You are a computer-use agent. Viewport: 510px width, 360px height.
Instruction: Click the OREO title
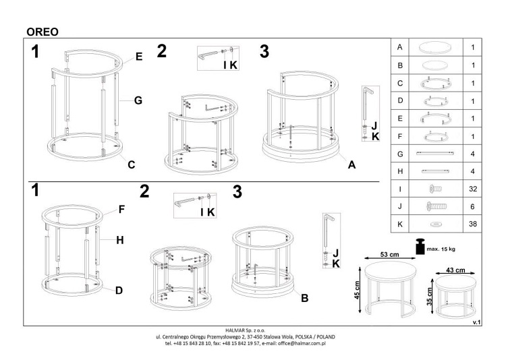point(42,32)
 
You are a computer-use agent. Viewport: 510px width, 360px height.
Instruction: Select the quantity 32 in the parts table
point(473,189)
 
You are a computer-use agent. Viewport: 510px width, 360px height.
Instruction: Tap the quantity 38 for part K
point(473,224)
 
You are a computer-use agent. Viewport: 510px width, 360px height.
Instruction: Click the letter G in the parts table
point(400,154)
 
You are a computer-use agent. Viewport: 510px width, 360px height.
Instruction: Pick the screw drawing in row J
point(436,206)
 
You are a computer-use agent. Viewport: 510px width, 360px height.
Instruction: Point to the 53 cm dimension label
point(389,254)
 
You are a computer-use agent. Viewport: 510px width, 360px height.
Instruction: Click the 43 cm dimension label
point(455,270)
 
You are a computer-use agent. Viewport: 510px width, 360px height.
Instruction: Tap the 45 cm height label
point(357,290)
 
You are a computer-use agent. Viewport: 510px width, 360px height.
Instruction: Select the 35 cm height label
point(430,297)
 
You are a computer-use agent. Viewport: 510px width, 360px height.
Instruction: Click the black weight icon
point(420,247)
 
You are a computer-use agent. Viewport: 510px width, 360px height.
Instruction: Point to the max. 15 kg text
point(441,249)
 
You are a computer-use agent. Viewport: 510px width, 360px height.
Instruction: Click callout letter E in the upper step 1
point(139,57)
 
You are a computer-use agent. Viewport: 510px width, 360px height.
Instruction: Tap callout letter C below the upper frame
point(131,164)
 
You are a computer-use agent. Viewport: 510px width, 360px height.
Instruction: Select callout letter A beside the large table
point(351,165)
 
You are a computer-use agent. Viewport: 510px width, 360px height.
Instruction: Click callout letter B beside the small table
point(304,298)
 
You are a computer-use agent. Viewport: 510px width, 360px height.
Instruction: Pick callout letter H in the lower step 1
point(120,240)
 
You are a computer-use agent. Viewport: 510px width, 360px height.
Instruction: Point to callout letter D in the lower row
point(119,290)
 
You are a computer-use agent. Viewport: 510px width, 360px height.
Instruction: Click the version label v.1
point(476,322)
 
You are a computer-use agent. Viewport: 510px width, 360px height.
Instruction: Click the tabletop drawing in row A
point(436,47)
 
